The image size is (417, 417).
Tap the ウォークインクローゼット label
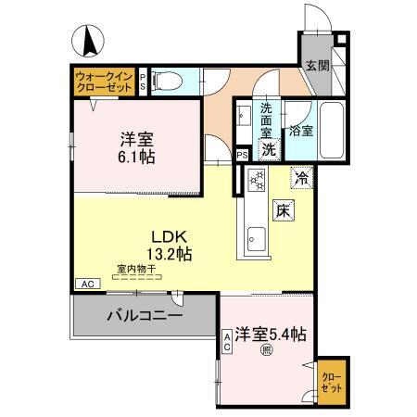click(x=104, y=80)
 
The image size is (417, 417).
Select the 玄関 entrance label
click(x=317, y=67)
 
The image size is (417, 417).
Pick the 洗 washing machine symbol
click(x=269, y=148)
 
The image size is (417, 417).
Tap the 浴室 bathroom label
click(x=302, y=131)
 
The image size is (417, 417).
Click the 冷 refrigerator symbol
click(x=302, y=174)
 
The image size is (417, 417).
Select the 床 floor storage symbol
click(x=283, y=210)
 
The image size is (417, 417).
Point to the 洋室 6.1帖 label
click(x=136, y=148)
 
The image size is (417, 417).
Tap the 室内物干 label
click(x=136, y=270)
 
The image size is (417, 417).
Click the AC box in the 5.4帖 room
click(x=226, y=343)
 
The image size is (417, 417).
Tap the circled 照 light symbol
click(x=266, y=350)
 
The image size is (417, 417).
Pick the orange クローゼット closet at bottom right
click(x=331, y=383)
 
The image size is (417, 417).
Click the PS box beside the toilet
click(x=143, y=81)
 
